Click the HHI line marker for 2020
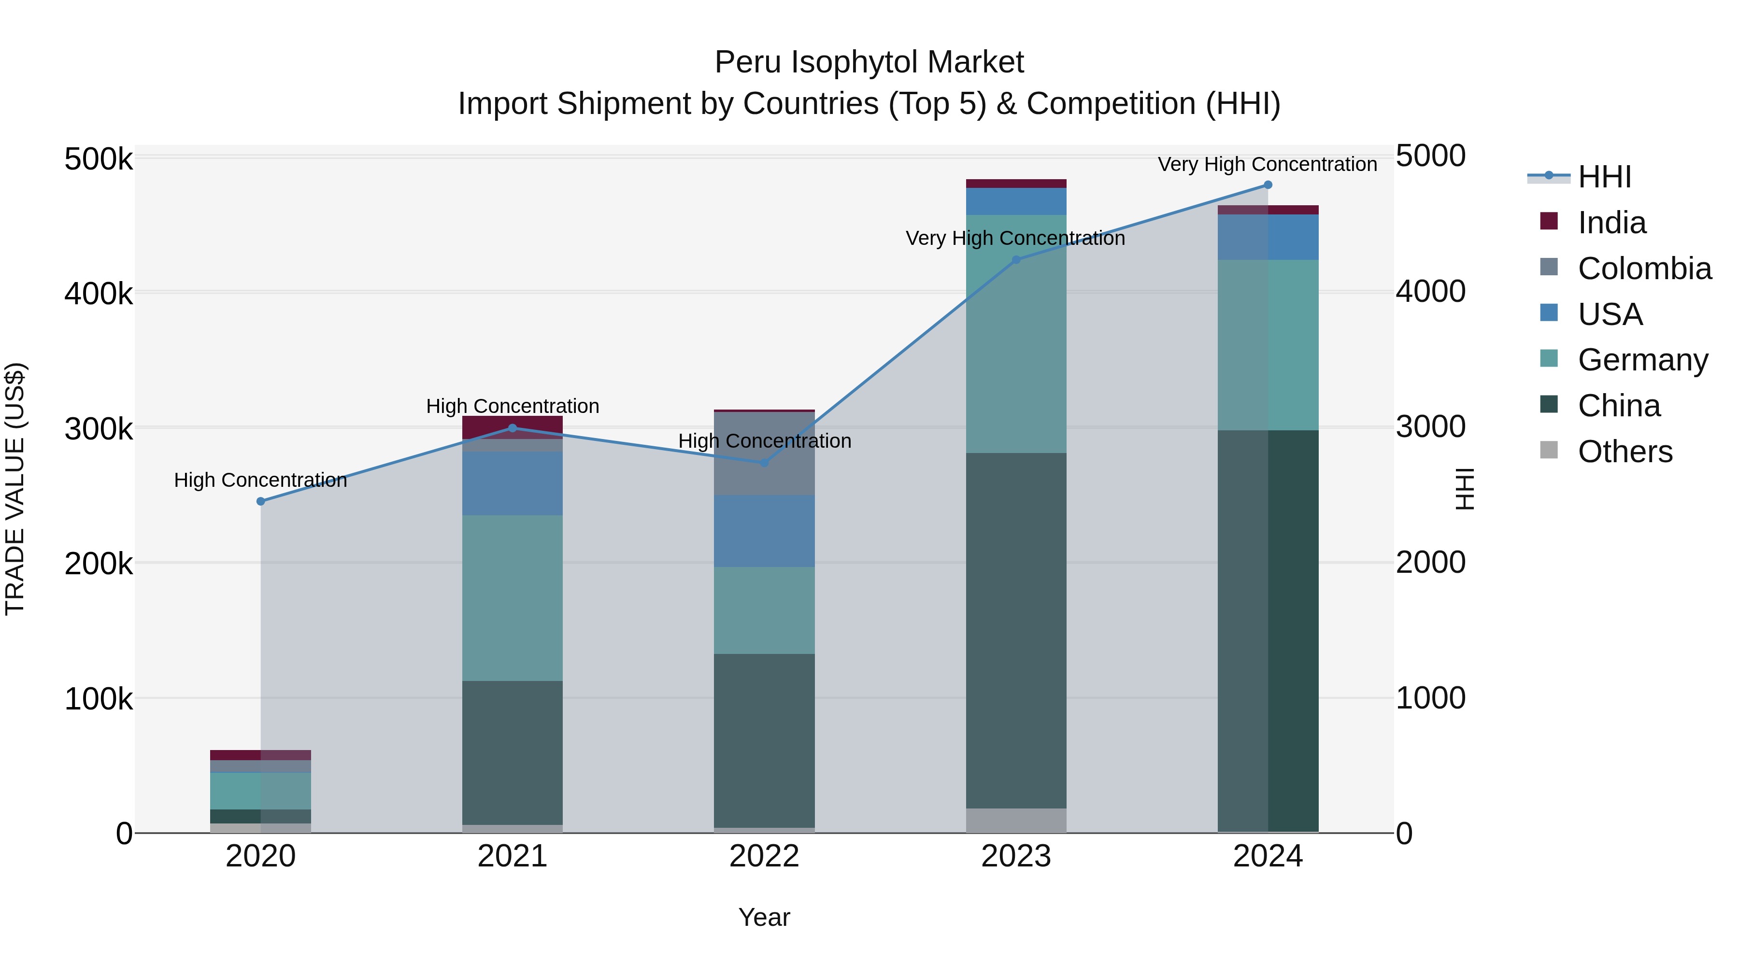[260, 501]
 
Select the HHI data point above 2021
[513, 428]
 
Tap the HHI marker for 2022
[764, 463]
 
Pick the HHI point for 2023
[1016, 260]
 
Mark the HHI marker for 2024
[1268, 185]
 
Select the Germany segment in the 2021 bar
[513, 597]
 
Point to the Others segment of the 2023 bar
[1016, 820]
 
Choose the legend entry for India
[1611, 223]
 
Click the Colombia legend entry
[1644, 269]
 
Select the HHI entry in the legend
[1603, 177]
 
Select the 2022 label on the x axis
[764, 856]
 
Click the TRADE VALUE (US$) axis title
[15, 489]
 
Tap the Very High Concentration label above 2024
[1267, 164]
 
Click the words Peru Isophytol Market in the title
[869, 62]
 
